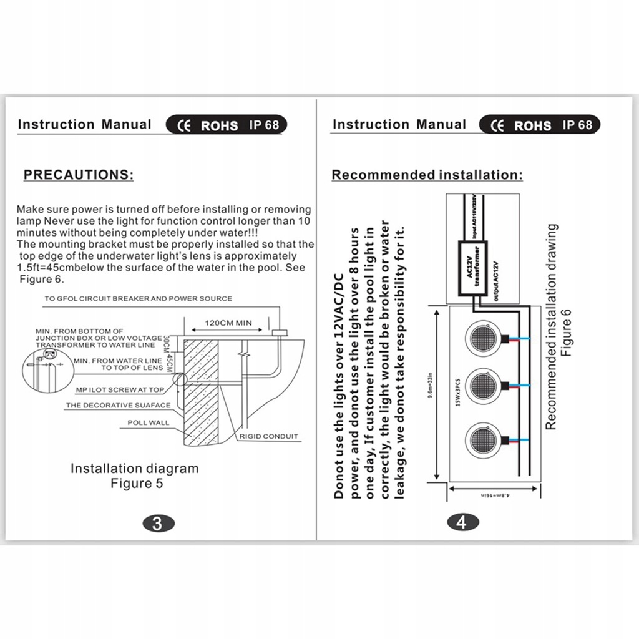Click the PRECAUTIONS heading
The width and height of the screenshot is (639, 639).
click(x=79, y=174)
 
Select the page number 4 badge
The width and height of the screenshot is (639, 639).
click(x=462, y=523)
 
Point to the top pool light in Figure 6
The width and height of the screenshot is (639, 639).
click(x=482, y=338)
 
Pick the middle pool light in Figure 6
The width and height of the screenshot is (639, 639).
click(x=482, y=387)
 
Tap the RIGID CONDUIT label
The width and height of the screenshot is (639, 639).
click(x=269, y=436)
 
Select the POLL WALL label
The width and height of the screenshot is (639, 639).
click(x=149, y=422)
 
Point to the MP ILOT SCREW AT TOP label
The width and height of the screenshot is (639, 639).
click(x=120, y=389)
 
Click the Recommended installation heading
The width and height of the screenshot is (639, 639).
click(x=427, y=175)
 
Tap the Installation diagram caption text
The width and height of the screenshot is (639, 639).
click(x=134, y=469)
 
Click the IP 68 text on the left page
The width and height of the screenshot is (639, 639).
click(x=264, y=124)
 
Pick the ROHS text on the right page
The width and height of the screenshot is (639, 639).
click(x=532, y=125)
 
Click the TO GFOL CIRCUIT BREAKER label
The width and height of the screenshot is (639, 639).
click(x=138, y=299)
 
